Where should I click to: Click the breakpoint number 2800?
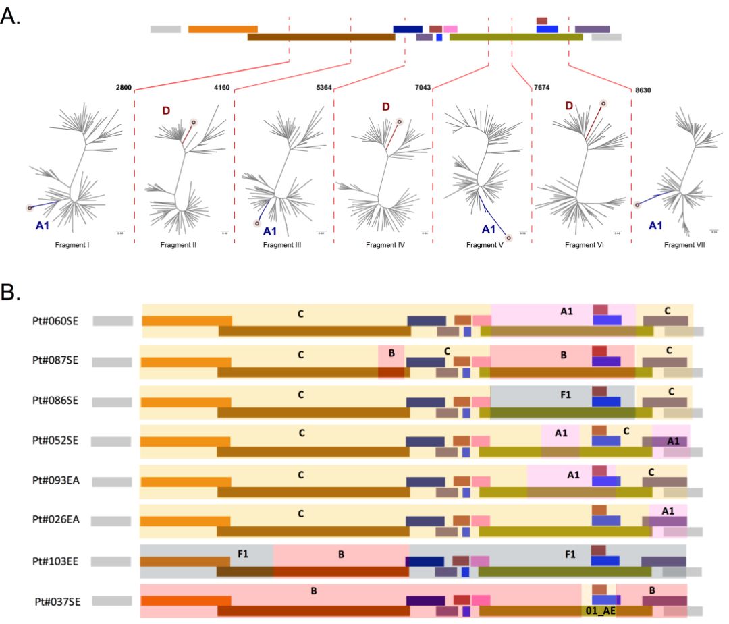[x=124, y=88]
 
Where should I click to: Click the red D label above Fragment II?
[x=167, y=110]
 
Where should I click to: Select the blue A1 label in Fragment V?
[x=489, y=229]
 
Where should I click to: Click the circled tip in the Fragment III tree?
[x=256, y=223]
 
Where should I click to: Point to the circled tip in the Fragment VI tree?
[x=603, y=103]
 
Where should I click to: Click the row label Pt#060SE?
[x=55, y=320]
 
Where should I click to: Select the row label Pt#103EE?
[x=55, y=561]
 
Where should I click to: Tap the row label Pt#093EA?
[x=55, y=481]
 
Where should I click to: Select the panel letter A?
[x=10, y=16]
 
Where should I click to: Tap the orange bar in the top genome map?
[x=223, y=29]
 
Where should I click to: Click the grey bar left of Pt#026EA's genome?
[x=111, y=521]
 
